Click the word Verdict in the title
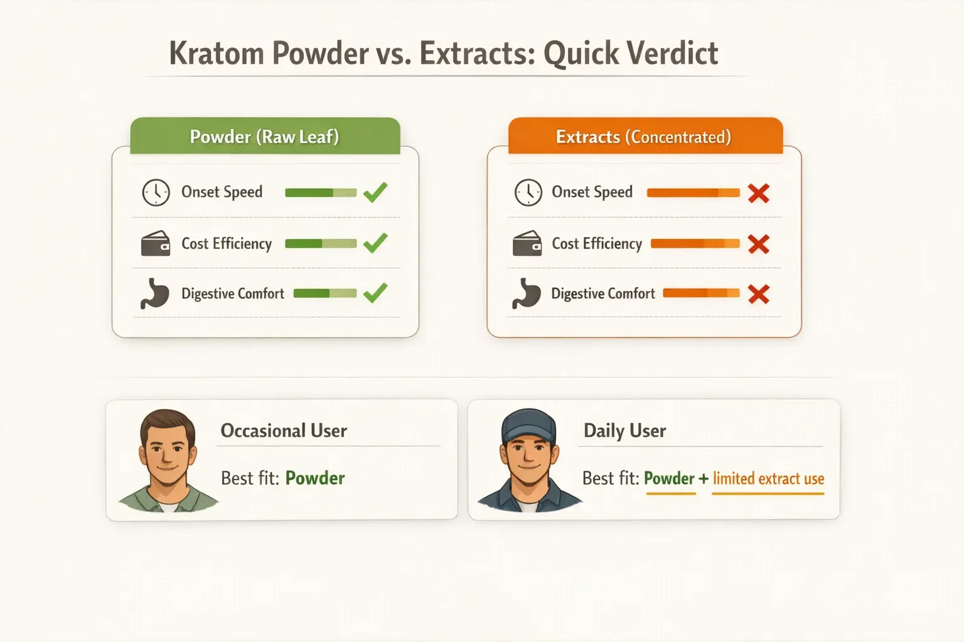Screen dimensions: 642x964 click(x=674, y=53)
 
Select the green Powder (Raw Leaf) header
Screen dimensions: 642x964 click(x=264, y=137)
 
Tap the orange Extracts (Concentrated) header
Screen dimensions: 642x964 click(x=644, y=137)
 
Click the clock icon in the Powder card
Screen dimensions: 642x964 click(x=156, y=192)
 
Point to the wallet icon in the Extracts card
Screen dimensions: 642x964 click(x=527, y=243)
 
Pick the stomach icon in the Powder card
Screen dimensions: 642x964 click(x=155, y=293)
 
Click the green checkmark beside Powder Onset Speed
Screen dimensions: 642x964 click(x=375, y=192)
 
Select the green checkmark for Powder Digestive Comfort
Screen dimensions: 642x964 click(x=375, y=293)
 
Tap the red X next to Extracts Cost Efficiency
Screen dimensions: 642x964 click(x=759, y=244)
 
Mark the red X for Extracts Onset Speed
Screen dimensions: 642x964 click(x=759, y=193)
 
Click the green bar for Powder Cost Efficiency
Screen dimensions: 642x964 click(x=321, y=243)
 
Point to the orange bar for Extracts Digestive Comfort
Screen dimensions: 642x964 click(x=701, y=293)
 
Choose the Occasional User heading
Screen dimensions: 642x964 click(x=284, y=431)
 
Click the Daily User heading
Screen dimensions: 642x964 click(x=624, y=431)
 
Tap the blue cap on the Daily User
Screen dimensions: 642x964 click(x=529, y=425)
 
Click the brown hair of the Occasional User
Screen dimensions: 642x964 click(x=167, y=421)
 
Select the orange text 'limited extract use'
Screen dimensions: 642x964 click(x=768, y=479)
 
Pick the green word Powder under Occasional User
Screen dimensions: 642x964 click(x=315, y=478)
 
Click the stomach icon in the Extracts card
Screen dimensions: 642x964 click(x=527, y=293)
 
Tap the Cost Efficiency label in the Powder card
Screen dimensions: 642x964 click(x=227, y=243)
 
